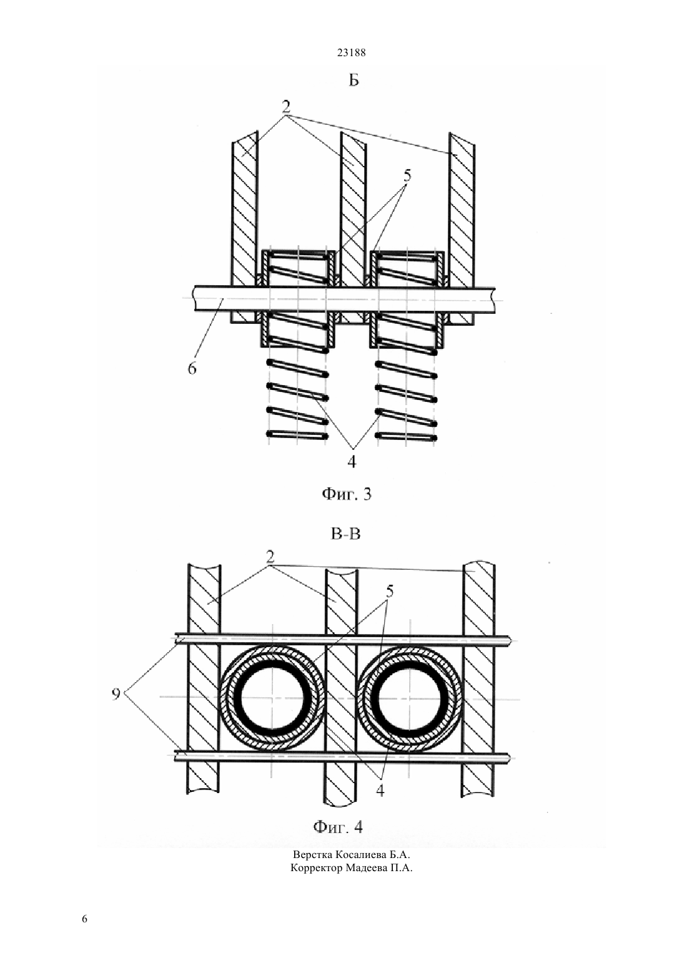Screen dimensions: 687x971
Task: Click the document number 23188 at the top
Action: (351, 53)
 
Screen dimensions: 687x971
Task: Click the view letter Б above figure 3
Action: (354, 81)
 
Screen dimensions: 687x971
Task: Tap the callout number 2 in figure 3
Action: (286, 107)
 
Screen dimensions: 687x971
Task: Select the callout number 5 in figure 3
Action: (407, 176)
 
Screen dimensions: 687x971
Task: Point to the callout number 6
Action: (192, 368)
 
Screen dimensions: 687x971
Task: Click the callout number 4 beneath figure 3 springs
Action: (351, 461)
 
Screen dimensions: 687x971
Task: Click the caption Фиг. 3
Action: (347, 495)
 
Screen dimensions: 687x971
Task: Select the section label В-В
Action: (345, 534)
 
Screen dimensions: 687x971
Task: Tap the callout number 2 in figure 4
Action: (270, 558)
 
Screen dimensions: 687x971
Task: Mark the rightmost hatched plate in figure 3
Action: (462, 229)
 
